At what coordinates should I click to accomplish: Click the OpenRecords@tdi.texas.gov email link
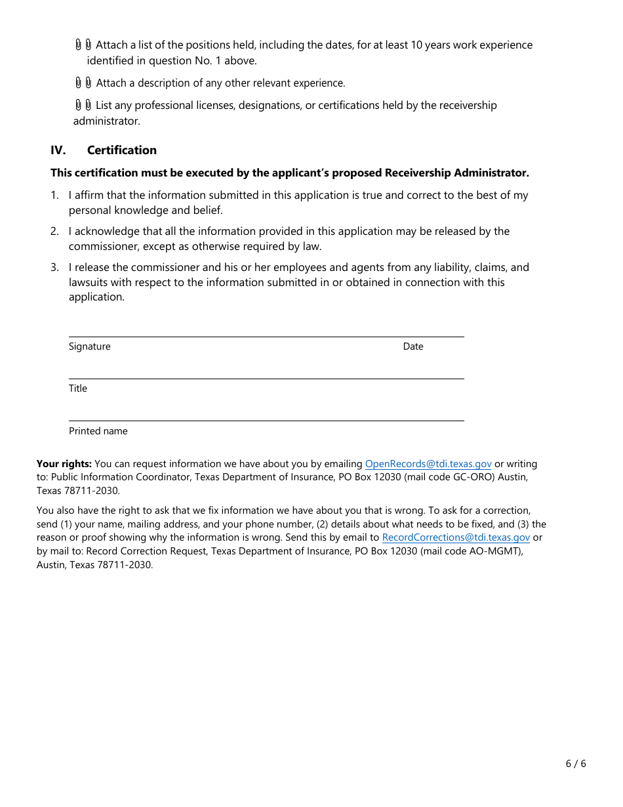(x=428, y=464)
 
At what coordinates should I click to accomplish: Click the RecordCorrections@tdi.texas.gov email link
(x=456, y=537)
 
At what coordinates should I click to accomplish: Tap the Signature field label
(x=89, y=346)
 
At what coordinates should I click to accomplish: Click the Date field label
(x=413, y=346)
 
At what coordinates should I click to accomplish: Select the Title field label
(x=78, y=388)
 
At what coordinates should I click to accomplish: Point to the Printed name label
(x=98, y=431)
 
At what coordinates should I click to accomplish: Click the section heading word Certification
(x=122, y=150)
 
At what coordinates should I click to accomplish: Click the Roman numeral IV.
(x=58, y=150)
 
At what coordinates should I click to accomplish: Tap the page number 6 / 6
(x=576, y=763)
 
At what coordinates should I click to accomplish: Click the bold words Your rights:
(x=64, y=464)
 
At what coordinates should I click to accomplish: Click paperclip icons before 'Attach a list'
(x=83, y=45)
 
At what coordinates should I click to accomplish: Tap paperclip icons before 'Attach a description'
(x=83, y=83)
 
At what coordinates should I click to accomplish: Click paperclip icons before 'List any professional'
(x=83, y=105)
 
